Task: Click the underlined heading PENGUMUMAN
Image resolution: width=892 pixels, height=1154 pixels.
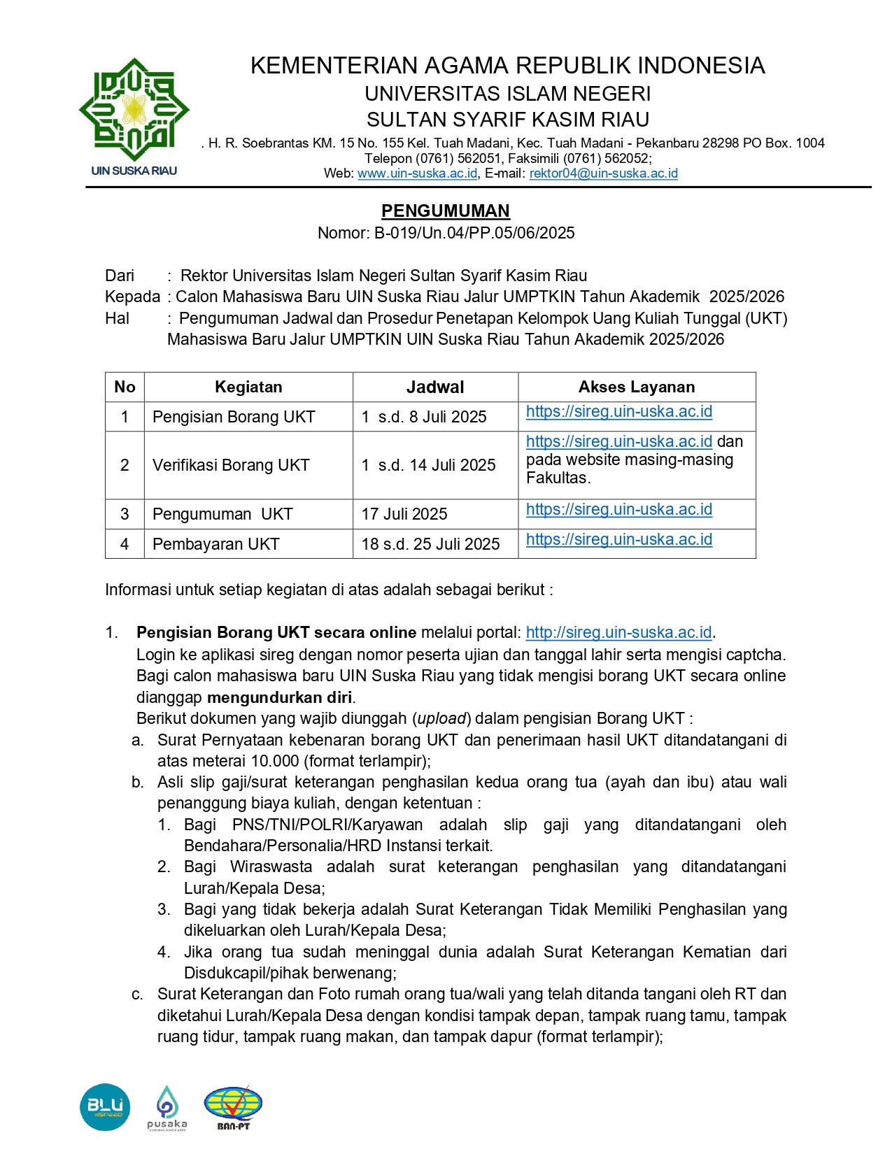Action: click(446, 211)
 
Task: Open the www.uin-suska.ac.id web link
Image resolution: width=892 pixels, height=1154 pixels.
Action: click(418, 173)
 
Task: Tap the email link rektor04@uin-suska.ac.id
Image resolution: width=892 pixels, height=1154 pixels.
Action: click(603, 173)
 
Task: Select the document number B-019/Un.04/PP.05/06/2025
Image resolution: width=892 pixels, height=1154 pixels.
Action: click(474, 233)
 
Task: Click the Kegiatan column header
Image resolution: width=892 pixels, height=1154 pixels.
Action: click(248, 387)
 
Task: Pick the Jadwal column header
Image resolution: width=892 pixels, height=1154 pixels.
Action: click(435, 387)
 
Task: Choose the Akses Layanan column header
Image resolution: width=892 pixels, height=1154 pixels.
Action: click(637, 387)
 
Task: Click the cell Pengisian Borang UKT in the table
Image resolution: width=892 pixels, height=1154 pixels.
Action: click(234, 417)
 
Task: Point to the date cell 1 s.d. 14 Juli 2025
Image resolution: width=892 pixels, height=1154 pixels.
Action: click(428, 465)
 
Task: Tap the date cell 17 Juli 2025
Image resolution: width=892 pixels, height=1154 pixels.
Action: click(404, 514)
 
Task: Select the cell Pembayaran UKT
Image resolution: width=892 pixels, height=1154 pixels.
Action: click(216, 544)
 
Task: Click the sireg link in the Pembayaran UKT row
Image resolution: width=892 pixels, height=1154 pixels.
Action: click(619, 539)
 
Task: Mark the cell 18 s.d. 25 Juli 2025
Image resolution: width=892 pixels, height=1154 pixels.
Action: click(430, 544)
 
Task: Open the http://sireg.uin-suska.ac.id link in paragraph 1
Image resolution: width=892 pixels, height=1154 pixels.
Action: click(618, 632)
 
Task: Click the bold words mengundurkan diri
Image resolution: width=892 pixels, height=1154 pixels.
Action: click(280, 697)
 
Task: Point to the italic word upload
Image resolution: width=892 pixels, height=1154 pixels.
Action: click(442, 718)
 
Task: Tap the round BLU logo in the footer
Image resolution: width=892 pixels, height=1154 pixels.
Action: click(105, 1107)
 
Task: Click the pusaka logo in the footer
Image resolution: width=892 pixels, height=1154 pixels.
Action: click(167, 1107)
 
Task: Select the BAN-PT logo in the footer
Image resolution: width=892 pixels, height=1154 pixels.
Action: click(233, 1107)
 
